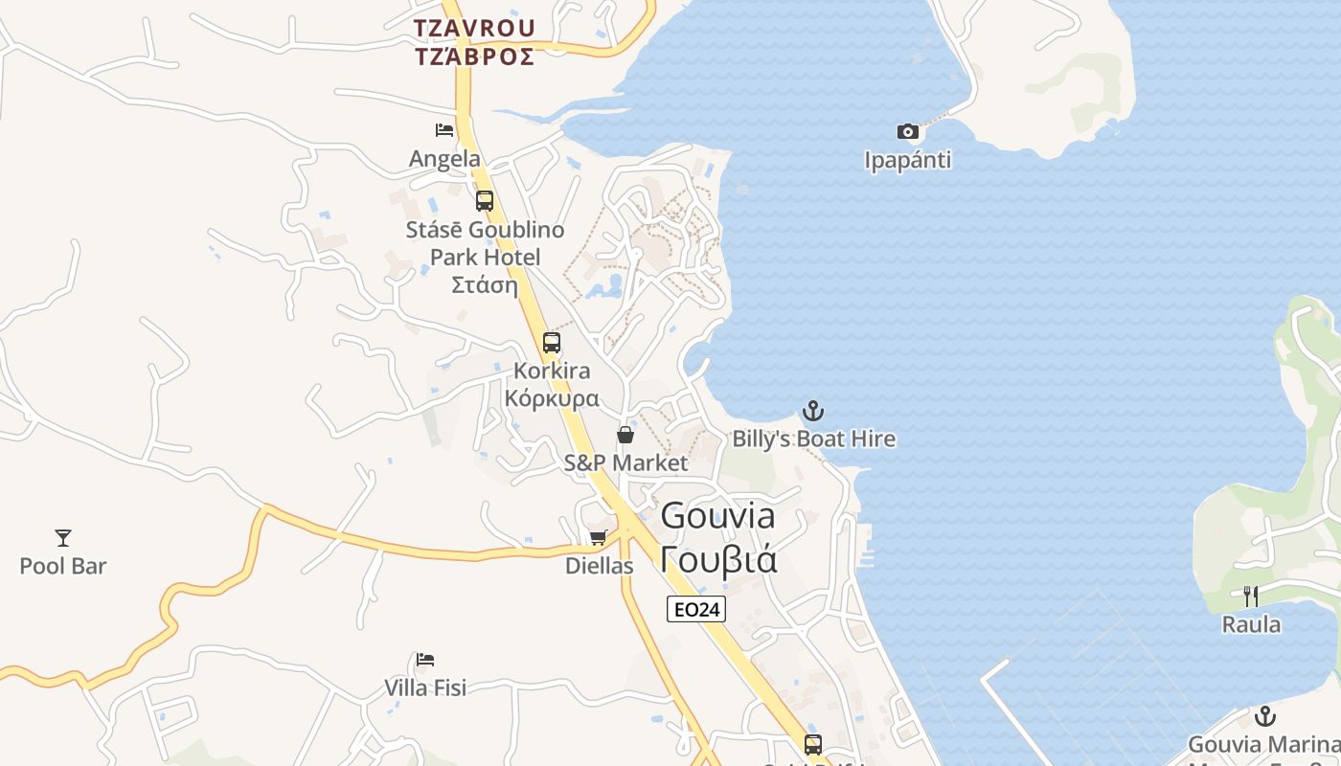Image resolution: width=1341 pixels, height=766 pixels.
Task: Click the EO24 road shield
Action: coord(696,609)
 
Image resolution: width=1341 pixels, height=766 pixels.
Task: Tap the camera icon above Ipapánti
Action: coord(907,131)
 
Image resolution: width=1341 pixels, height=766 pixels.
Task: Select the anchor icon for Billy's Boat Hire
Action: coord(812,411)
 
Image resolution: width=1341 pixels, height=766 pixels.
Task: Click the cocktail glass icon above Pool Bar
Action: coord(63,537)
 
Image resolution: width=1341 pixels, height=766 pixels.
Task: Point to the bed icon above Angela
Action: coord(444,129)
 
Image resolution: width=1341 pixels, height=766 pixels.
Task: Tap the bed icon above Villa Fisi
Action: coord(425,659)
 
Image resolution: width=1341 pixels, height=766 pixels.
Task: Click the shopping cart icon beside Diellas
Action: coord(599,537)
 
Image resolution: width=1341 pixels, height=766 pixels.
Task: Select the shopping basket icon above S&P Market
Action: coord(625,435)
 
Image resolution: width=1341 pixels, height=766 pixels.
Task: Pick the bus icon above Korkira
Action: coord(552,342)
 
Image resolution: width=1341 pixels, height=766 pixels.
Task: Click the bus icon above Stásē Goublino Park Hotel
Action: coord(485,201)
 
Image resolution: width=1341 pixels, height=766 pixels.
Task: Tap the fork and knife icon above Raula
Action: coord(1251,596)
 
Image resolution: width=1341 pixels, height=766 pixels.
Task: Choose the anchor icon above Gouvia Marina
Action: coord(1265,715)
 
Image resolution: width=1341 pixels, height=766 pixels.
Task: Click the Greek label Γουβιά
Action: coord(718,558)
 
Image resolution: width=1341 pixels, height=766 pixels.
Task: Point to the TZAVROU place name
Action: coord(474,28)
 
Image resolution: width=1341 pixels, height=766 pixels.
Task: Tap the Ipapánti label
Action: coord(908,160)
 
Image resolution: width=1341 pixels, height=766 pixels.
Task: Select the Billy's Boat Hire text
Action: coord(814,439)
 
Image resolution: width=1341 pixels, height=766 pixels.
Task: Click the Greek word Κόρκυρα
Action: coord(552,398)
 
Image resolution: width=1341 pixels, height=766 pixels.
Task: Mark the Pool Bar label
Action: coord(63,566)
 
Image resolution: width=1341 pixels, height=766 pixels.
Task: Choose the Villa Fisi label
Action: coord(425,687)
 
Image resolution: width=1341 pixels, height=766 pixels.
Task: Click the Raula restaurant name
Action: coord(1251,625)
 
